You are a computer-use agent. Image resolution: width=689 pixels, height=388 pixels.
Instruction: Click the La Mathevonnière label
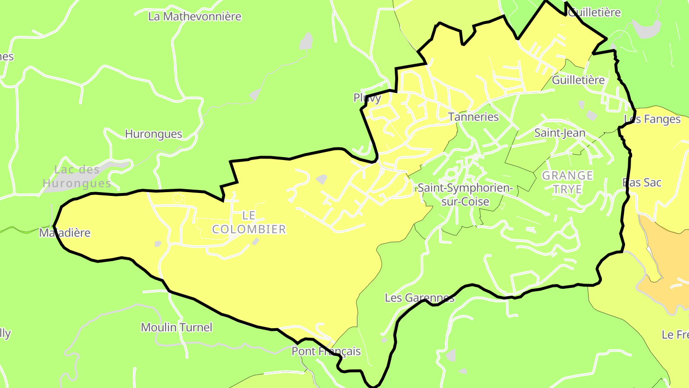(x=195, y=16)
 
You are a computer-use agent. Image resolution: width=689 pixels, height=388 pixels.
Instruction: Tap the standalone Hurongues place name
(x=154, y=134)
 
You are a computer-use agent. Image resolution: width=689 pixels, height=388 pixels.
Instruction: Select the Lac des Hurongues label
(x=77, y=176)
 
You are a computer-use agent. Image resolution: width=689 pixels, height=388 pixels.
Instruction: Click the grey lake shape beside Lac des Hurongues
(x=115, y=166)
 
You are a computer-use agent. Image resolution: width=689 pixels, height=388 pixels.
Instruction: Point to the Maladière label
(x=65, y=233)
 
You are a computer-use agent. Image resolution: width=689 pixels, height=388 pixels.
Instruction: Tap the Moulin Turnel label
(x=177, y=328)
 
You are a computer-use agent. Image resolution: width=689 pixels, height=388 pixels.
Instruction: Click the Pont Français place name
(x=326, y=352)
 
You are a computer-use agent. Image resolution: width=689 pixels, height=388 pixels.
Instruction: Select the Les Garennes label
(x=419, y=298)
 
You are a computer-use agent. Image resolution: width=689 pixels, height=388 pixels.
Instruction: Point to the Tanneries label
(x=473, y=117)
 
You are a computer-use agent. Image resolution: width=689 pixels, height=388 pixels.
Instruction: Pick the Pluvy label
(x=367, y=98)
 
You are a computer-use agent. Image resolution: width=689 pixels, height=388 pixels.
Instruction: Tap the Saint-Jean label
(x=559, y=133)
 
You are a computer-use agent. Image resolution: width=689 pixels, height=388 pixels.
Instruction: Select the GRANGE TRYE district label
(x=567, y=183)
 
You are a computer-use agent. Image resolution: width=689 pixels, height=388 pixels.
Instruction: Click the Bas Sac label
(x=642, y=183)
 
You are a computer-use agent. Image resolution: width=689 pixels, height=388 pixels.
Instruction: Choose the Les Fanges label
(x=652, y=119)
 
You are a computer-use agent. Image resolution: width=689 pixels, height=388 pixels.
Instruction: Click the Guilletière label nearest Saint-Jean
(x=578, y=80)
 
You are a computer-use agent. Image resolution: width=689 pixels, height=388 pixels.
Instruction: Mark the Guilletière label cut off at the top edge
(x=595, y=12)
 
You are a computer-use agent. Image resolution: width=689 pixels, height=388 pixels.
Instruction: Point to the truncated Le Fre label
(x=675, y=334)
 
